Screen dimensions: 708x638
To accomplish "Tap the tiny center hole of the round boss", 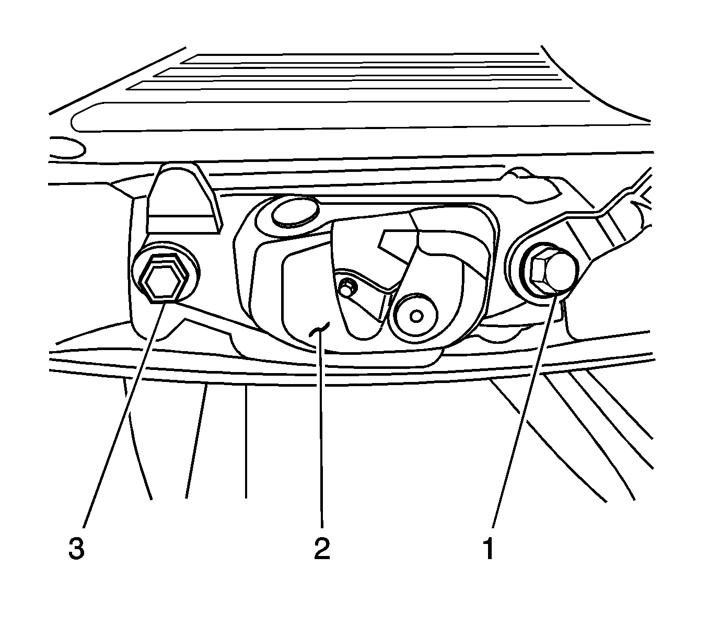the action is pos(417,316).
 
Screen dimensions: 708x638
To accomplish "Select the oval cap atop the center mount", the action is pos(295,212).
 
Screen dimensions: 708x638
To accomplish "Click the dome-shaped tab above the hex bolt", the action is pos(183,198).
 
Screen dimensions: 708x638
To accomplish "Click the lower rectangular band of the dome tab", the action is pos(183,224).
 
